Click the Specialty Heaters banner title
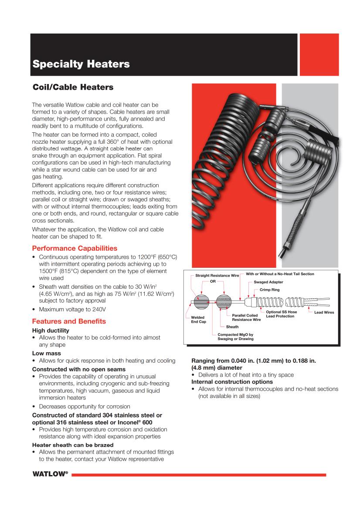coord(81,64)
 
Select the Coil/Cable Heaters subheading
coord(73,88)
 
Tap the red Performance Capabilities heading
coord(75,248)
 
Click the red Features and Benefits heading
coord(69,321)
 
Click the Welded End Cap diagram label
coord(198,320)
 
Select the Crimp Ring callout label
coord(269,290)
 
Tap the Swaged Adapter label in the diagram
coord(268,282)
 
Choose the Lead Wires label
coord(324,312)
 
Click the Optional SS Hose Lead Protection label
coord(281,314)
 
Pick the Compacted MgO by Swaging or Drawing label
coord(235,337)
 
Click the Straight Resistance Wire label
coord(214,276)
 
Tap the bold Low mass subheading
coord(46,353)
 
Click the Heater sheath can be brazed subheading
coord(73,445)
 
